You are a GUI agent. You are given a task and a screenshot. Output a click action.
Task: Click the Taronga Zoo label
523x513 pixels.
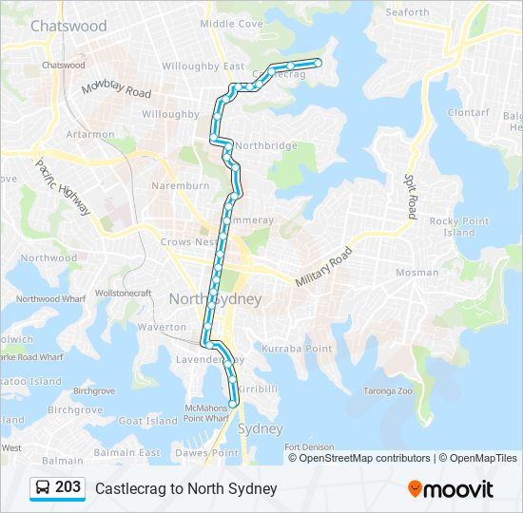(388, 390)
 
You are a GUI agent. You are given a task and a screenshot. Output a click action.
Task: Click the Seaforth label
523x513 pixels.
(407, 12)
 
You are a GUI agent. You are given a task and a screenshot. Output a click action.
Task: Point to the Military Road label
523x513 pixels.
(323, 268)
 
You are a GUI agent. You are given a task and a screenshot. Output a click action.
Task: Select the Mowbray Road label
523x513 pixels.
(116, 89)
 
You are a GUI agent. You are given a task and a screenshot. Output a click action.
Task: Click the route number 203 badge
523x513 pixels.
(68, 487)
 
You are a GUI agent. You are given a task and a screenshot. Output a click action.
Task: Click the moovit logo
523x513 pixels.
(450, 488)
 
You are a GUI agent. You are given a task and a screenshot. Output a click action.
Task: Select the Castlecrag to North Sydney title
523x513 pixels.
(185, 488)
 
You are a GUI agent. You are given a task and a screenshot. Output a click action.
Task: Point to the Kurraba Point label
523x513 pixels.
(297, 349)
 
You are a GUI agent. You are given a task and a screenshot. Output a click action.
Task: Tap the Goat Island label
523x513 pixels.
(148, 420)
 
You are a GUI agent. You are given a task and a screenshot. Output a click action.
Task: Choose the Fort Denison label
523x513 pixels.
(309, 446)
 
